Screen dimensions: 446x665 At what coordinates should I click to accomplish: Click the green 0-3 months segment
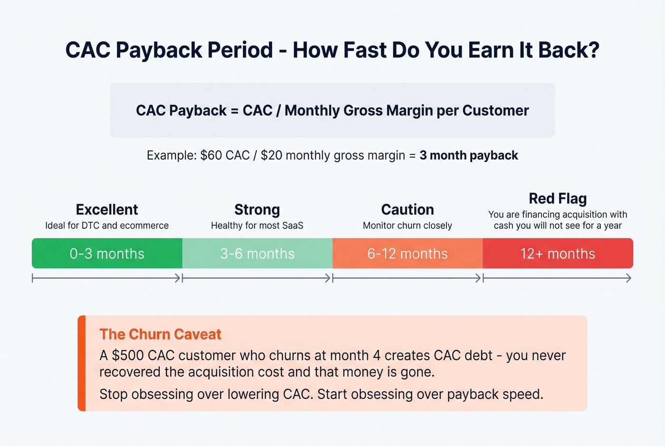coord(107,254)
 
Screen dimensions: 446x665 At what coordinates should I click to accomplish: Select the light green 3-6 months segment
coord(257,254)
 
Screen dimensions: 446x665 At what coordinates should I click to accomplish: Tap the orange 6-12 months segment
coord(407,254)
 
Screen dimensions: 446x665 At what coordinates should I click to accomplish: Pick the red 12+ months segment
coord(558,254)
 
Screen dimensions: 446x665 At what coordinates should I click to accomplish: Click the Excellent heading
coord(107,209)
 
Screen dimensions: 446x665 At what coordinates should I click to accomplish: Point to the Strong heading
coord(257,209)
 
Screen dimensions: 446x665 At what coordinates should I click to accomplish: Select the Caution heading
coord(408,209)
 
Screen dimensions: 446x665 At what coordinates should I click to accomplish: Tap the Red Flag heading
coord(558,198)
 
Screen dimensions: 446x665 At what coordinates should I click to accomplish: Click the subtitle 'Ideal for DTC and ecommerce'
coord(107,226)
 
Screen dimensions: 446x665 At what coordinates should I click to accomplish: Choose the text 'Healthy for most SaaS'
coord(257,226)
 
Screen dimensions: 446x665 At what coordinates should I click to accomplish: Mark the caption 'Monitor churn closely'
coord(408,226)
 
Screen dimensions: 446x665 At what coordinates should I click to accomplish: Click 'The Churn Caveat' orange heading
coord(161,334)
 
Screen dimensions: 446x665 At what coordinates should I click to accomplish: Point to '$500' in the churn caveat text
coord(127,356)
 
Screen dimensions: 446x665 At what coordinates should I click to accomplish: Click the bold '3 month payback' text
coord(469,155)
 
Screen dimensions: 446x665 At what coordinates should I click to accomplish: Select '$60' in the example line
coord(211,155)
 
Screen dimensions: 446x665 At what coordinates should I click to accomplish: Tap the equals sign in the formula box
coord(234,111)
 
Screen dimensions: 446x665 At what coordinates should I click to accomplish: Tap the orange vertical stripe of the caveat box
coord(82,363)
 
